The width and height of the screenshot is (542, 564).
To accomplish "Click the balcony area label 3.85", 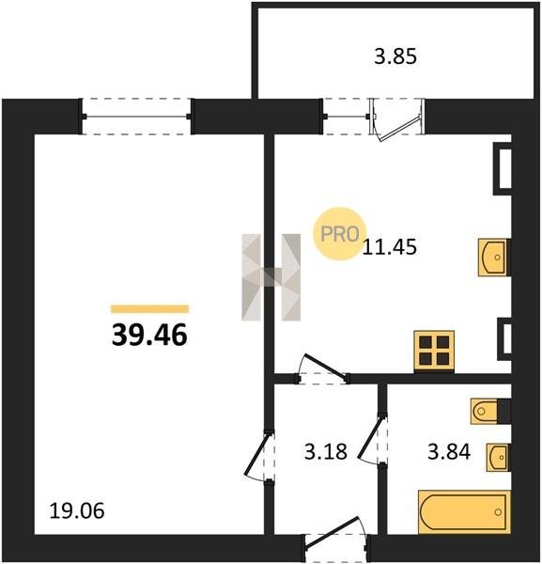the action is coord(395,56).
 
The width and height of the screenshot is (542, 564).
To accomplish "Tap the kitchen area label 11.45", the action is coord(390,247).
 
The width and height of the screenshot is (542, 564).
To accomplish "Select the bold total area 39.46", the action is coord(149,334).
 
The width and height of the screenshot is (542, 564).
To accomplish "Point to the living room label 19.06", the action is coord(77,510).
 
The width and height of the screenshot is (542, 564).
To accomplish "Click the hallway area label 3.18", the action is coord(326,451).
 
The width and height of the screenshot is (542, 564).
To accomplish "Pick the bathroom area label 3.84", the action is coord(449,451).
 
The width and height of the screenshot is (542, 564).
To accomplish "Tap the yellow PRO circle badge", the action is coord(339,233).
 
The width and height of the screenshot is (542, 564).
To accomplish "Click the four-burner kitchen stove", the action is coord(434,352).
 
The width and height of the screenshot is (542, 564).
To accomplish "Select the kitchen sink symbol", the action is coord(494,258).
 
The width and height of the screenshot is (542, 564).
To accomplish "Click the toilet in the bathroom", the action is coord(490,411).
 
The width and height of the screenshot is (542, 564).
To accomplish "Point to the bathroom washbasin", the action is coord(499,457).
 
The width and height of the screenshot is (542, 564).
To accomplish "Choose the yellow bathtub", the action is coord(464,512).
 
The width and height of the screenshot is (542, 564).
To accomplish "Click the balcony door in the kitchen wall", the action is coord(397,120).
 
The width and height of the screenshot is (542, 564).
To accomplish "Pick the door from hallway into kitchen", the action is coord(321,369).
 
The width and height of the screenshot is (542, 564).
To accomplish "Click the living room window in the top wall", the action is coord(136,117).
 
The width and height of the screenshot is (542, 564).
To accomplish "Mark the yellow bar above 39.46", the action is coord(150,309).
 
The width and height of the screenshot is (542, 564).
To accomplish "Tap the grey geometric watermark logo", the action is coord(271,277).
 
